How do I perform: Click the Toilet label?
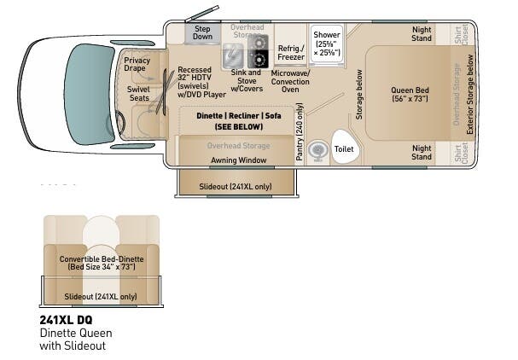344,148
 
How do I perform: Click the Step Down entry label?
202,32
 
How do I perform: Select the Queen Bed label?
415,94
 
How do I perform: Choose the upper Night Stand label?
421,33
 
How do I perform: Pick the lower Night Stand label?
421,153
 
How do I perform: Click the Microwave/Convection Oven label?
289,81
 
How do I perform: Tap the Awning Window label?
239,160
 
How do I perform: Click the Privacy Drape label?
137,65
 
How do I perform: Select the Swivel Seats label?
138,93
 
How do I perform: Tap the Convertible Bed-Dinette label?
101,263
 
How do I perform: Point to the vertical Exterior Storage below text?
469,94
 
